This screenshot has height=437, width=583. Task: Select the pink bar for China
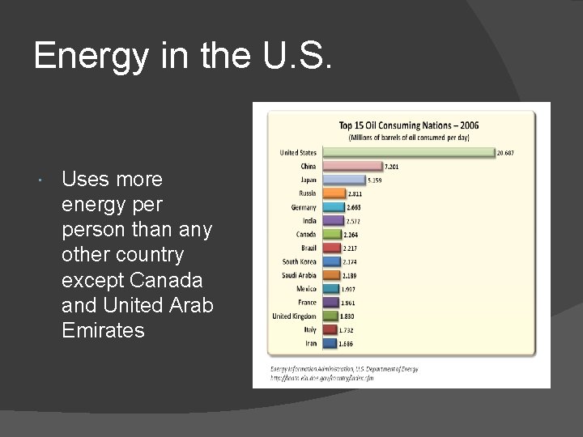pyautogui.click(x=351, y=166)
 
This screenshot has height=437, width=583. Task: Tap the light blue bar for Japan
pyautogui.click(x=343, y=180)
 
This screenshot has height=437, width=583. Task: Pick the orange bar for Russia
pyautogui.click(x=333, y=193)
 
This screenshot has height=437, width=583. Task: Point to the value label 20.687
pyautogui.click(x=507, y=153)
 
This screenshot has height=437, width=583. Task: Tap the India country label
pyautogui.click(x=309, y=220)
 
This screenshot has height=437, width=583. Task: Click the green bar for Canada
pyautogui.click(x=331, y=235)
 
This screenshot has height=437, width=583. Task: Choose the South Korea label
pyautogui.click(x=299, y=261)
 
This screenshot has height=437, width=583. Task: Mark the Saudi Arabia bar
pyautogui.click(x=330, y=275)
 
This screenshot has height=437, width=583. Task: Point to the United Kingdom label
pyautogui.click(x=295, y=316)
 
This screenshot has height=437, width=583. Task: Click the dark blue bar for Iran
pyautogui.click(x=329, y=343)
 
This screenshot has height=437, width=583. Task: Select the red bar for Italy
pyautogui.click(x=330, y=329)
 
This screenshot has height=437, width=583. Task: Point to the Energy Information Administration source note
pyautogui.click(x=344, y=368)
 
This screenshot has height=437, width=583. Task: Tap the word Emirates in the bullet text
pyautogui.click(x=103, y=329)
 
